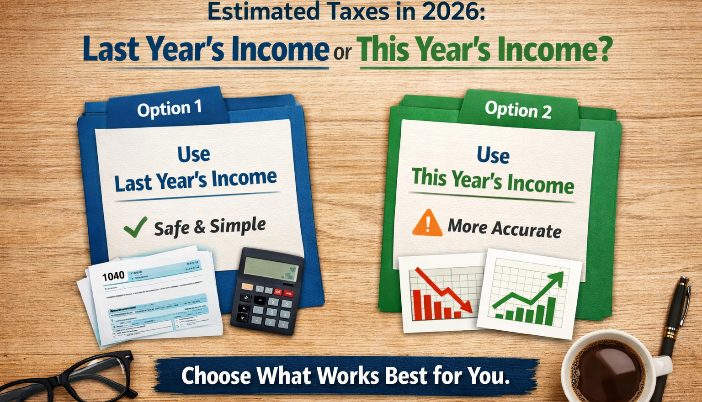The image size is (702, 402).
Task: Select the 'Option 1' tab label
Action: (x=169, y=109)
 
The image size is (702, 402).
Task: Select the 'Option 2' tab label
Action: (x=518, y=110)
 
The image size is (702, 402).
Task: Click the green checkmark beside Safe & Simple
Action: (x=135, y=227)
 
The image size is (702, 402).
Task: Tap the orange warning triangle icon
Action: (x=427, y=223)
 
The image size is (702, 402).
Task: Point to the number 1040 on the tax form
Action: (x=113, y=276)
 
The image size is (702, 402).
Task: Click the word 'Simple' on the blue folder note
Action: (x=237, y=226)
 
